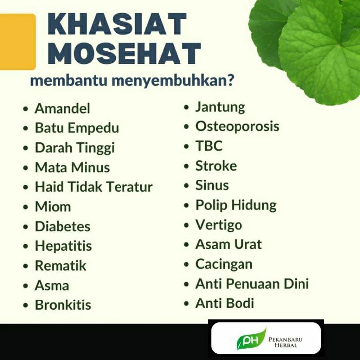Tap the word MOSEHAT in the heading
[124, 54]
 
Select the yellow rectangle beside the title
[17, 42]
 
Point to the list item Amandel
[62, 108]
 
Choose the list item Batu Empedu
[77, 128]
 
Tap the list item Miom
[53, 207]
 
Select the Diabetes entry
[62, 226]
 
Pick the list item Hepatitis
[63, 246]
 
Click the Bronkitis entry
[63, 305]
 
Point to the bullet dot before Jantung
[186, 107]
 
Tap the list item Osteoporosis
[237, 126]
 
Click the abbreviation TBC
[209, 146]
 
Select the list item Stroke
[216, 166]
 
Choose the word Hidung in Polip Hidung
[254, 205]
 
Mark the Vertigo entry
[219, 225]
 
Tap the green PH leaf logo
[251, 339]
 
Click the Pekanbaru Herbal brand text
[286, 342]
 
